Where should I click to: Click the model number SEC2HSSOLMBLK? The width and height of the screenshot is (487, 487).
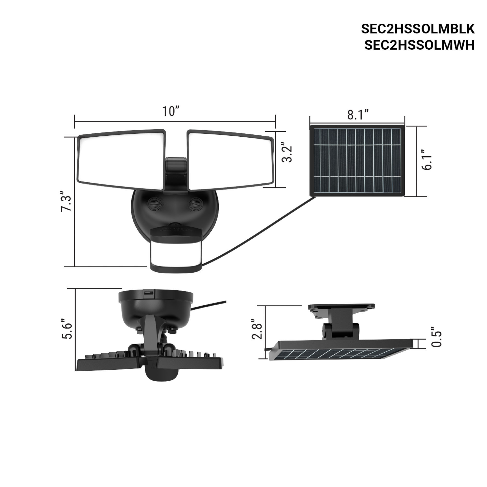click(418, 29)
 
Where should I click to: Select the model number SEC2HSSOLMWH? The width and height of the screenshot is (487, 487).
click(420, 45)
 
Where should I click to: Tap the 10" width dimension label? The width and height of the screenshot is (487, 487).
click(171, 112)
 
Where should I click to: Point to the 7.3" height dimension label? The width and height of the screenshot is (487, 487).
click(66, 205)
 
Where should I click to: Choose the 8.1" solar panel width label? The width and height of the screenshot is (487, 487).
click(358, 115)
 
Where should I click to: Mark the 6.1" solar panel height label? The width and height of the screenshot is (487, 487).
click(427, 160)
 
